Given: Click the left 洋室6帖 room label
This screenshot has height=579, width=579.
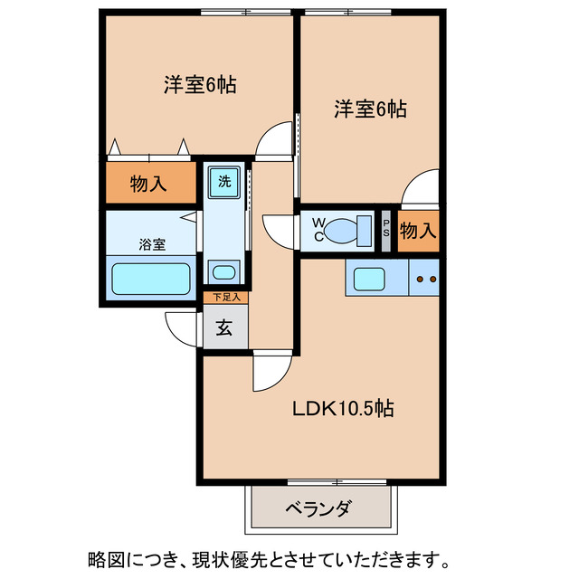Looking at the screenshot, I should click(200, 86).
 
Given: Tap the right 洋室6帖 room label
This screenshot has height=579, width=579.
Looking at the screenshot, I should click(370, 109).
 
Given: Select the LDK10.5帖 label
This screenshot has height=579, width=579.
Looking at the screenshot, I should click(342, 409).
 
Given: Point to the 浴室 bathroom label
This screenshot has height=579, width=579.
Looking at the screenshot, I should click(151, 244).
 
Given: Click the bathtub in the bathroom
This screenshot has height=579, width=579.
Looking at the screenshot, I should click(149, 280).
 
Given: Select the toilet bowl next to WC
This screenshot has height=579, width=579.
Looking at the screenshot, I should click(345, 230).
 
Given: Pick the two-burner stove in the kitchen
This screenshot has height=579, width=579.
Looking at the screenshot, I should click(425, 279).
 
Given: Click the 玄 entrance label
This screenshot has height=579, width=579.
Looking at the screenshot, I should click(224, 327).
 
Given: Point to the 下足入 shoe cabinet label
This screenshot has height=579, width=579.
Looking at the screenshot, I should click(225, 298).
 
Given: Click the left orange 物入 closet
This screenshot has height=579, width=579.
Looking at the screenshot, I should click(149, 184).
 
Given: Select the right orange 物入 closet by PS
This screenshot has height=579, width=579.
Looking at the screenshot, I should click(418, 231).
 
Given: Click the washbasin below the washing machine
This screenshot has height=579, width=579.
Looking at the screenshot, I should click(222, 271).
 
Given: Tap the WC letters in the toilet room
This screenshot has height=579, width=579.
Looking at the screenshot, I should click(319, 229).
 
